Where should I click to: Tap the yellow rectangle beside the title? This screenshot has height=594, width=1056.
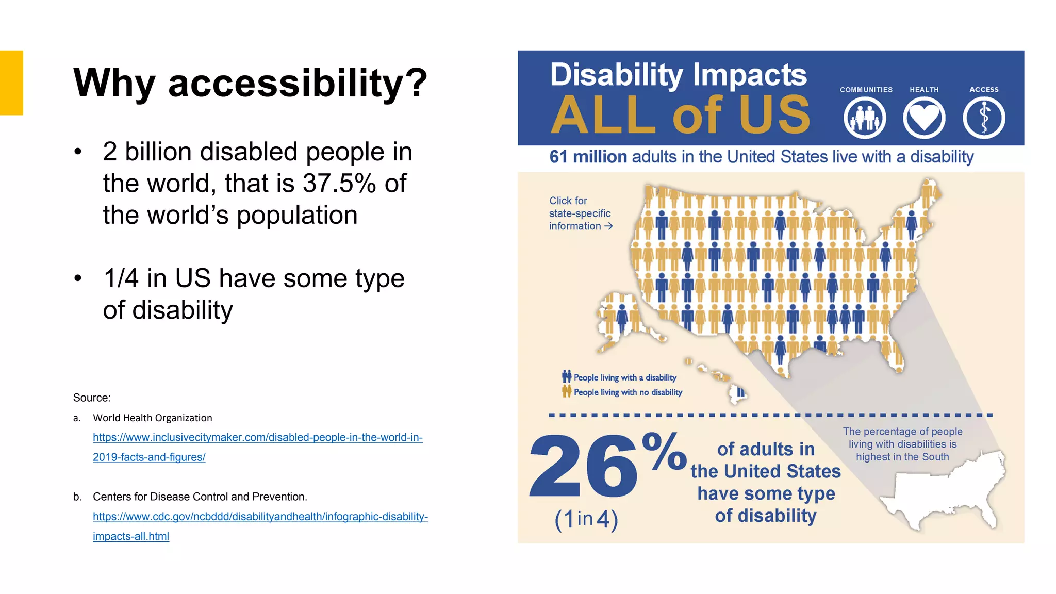pyautogui.click(x=11, y=82)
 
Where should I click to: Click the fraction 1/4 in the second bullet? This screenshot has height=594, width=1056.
pyautogui.click(x=121, y=278)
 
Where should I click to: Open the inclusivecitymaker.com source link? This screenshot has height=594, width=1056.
pyautogui.click(x=257, y=438)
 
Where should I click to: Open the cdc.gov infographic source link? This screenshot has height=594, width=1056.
pyautogui.click(x=260, y=517)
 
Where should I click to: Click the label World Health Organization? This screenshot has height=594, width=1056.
pyautogui.click(x=152, y=418)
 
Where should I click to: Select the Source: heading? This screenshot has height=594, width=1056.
pyautogui.click(x=92, y=398)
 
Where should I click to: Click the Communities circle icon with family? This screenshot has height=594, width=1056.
pyautogui.click(x=865, y=118)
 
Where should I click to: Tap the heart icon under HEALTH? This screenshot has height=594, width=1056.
pyautogui.click(x=924, y=118)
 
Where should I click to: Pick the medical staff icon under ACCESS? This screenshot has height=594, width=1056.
pyautogui.click(x=984, y=118)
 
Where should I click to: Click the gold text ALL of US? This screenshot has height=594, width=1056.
pyautogui.click(x=680, y=115)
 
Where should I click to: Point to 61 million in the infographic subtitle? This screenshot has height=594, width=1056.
pyautogui.click(x=588, y=157)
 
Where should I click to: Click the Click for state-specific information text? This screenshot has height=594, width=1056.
pyautogui.click(x=580, y=213)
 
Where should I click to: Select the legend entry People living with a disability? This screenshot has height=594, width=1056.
pyautogui.click(x=624, y=377)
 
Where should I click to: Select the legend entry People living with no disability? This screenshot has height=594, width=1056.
pyautogui.click(x=628, y=392)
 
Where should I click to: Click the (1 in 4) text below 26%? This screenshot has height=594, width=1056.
pyautogui.click(x=586, y=519)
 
